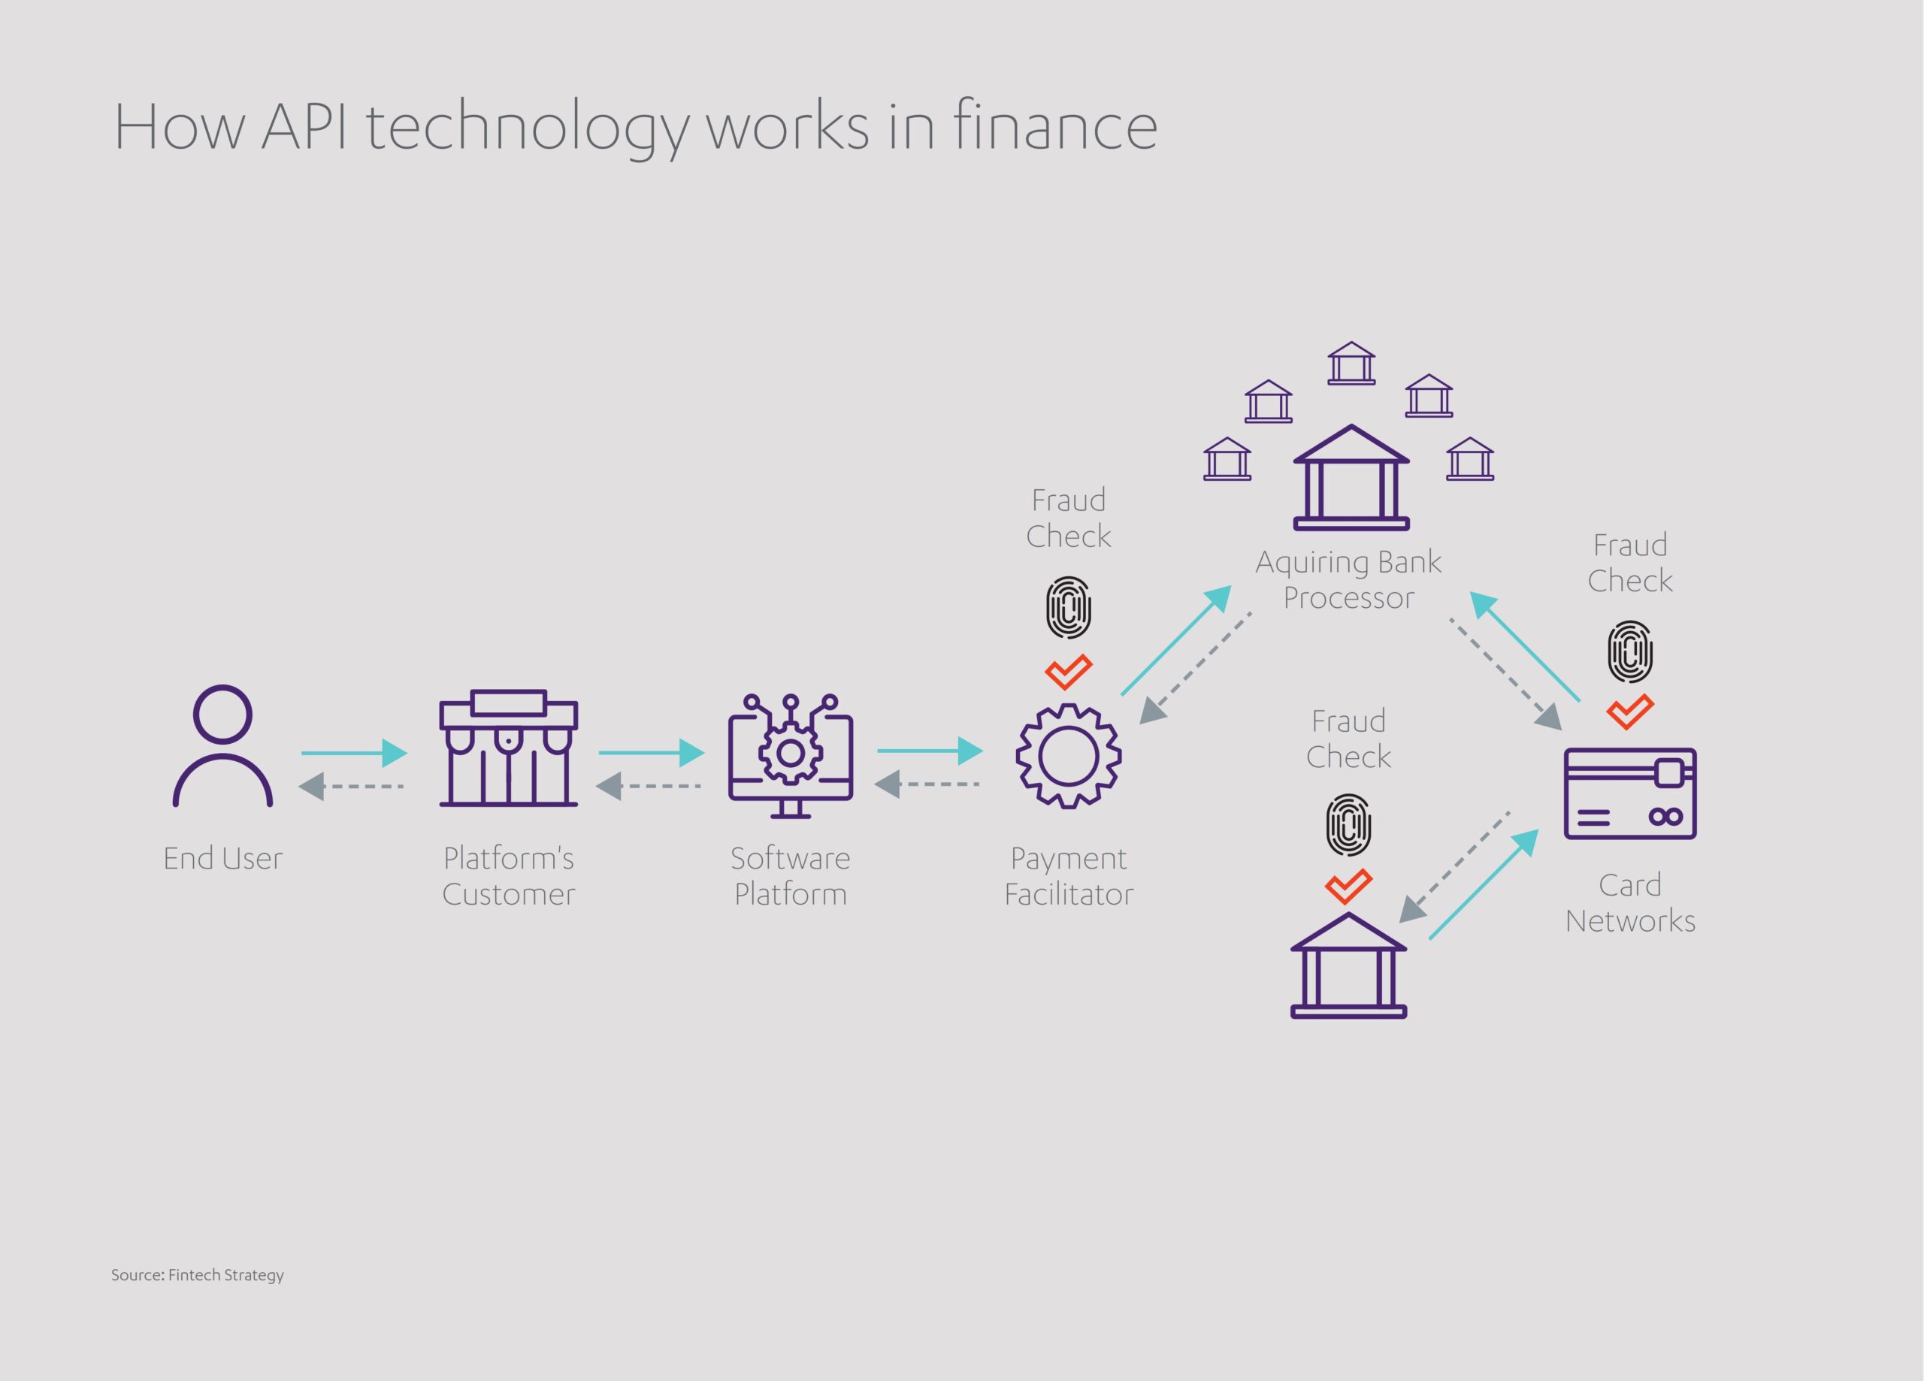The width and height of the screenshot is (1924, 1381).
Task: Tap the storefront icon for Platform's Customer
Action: click(508, 748)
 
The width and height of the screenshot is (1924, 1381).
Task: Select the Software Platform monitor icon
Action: click(790, 755)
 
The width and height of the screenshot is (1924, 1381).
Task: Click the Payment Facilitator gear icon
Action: click(1068, 755)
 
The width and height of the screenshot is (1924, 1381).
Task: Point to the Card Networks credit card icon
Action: click(1629, 793)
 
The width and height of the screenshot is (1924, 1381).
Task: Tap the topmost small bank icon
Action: click(1351, 363)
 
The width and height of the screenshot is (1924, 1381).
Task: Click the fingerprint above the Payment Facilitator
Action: click(1068, 607)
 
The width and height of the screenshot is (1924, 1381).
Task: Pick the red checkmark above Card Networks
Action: click(1629, 712)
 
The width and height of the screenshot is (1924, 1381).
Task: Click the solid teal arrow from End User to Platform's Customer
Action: click(354, 752)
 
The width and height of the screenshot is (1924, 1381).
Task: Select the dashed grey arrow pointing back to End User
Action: click(351, 787)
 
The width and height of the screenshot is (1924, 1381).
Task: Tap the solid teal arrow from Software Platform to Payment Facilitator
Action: click(930, 751)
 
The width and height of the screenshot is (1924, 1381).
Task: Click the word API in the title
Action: click(304, 127)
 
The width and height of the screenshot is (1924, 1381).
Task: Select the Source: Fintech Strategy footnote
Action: click(198, 1274)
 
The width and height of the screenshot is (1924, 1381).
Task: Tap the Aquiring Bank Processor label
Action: click(1348, 579)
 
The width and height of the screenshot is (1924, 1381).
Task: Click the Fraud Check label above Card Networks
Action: click(1629, 563)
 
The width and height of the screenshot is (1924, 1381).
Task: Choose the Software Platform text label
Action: click(790, 875)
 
